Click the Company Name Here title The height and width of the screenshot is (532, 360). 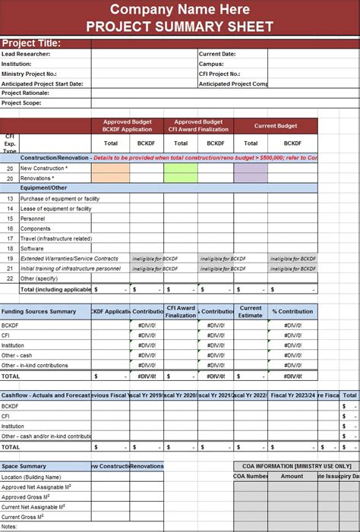[x=179, y=9]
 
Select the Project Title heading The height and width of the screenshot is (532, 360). [x=31, y=42]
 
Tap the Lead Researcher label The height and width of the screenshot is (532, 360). [x=26, y=54]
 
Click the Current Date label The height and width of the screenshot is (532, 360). [x=217, y=54]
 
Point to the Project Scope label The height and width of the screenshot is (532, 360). [x=21, y=102]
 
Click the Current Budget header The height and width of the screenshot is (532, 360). [x=275, y=126]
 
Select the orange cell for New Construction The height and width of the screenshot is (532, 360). [x=110, y=173]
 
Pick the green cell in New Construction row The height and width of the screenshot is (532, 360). [x=181, y=173]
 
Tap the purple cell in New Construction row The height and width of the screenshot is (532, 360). [x=251, y=173]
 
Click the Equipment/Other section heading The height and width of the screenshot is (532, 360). [x=43, y=187]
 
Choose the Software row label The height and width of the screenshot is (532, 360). [x=32, y=248]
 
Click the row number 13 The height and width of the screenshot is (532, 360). [x=10, y=198]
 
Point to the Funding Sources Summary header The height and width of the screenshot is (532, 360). [x=39, y=311]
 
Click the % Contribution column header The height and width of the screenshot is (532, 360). [x=292, y=311]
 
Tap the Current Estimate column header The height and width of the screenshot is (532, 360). [x=251, y=311]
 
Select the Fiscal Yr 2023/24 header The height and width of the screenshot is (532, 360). [x=292, y=395]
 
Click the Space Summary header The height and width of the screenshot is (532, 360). [x=24, y=466]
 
